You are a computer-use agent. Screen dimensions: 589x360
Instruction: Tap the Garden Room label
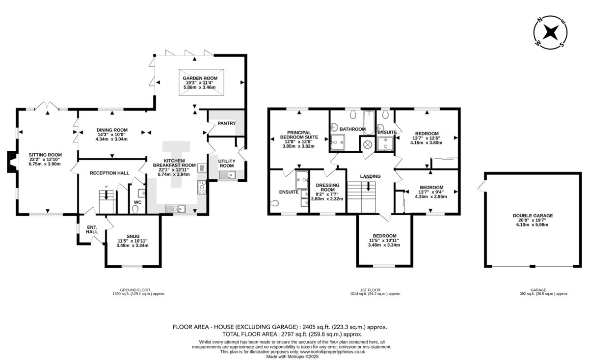pyautogui.click(x=200, y=78)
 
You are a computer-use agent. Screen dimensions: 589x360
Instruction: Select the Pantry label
pyautogui.click(x=227, y=123)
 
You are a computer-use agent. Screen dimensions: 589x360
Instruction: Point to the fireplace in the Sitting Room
pyautogui.click(x=12, y=162)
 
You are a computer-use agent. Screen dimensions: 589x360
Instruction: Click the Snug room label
pyautogui.click(x=133, y=236)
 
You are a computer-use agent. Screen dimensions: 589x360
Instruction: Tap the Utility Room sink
pyautogui.click(x=227, y=175)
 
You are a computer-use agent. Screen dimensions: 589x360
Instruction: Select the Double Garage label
pyautogui.click(x=533, y=216)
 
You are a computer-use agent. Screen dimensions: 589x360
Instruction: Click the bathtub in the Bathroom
pyautogui.click(x=369, y=122)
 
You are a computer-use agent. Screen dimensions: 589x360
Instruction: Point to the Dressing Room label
pyautogui.click(x=328, y=188)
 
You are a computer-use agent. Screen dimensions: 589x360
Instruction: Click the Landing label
pyautogui.click(x=370, y=176)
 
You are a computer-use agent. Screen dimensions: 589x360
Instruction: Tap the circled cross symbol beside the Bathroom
pyautogui.click(x=368, y=144)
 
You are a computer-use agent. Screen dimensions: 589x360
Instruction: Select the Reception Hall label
pyautogui.click(x=109, y=173)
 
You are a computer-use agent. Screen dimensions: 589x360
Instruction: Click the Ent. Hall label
pyautogui.click(x=92, y=229)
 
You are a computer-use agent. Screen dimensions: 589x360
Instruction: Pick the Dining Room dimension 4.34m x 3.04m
pyautogui.click(x=111, y=139)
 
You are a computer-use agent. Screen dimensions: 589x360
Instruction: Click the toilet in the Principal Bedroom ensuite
pyautogui.click(x=274, y=203)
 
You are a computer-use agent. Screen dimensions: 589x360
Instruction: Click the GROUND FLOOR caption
pyautogui.click(x=135, y=290)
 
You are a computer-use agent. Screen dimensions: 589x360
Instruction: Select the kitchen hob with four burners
pyautogui.click(x=202, y=187)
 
